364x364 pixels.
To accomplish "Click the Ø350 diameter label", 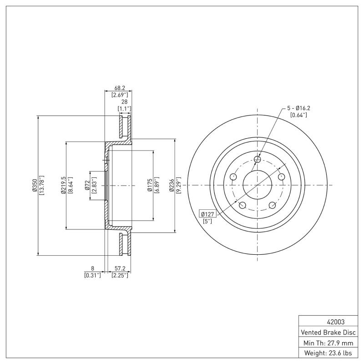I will (34, 186).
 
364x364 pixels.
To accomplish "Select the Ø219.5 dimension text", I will (63, 186).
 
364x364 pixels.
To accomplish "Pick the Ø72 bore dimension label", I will (86, 186).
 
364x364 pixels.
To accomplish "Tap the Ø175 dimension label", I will (149, 186).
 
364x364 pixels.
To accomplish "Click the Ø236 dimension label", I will (172, 186).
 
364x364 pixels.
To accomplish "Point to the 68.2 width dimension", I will (120, 89).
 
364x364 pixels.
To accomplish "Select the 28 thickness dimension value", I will (124, 102).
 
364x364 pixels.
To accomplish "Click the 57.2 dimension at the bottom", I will (120, 269).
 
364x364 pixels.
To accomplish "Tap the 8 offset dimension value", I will (92, 269).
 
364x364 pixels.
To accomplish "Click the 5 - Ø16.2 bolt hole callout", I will (298, 108).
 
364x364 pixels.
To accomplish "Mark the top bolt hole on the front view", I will (258, 159).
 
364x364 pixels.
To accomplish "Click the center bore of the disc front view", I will (258, 185).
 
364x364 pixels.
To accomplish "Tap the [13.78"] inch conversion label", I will (41, 186).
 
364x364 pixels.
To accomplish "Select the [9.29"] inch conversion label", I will (179, 186).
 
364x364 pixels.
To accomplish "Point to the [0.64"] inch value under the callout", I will (298, 115).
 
